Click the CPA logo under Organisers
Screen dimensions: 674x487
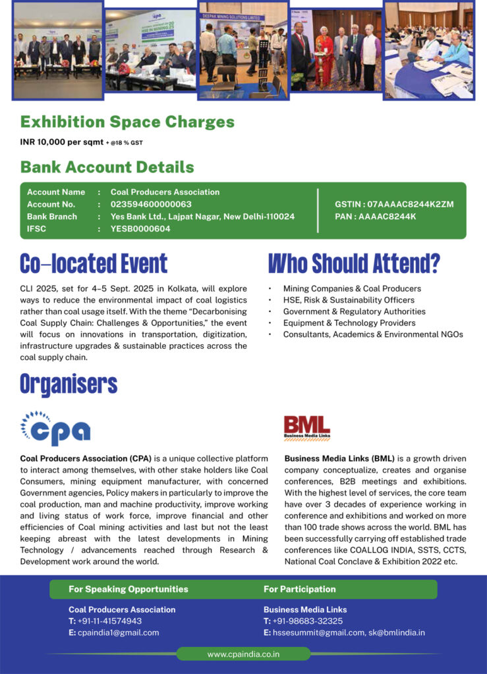click(x=55, y=428)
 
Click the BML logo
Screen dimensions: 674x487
click(x=306, y=428)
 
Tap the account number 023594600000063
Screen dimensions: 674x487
click(x=151, y=204)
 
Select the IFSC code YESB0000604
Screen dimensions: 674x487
click(x=140, y=228)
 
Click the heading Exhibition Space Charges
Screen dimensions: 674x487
click(x=127, y=122)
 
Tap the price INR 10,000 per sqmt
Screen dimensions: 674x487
click(x=63, y=142)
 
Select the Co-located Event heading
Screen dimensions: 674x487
click(x=94, y=263)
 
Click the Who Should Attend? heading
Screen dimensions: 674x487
click(x=354, y=263)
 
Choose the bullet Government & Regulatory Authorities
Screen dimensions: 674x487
click(x=354, y=311)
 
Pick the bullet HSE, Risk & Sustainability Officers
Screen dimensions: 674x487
click(x=349, y=300)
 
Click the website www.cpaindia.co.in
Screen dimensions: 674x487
click(x=243, y=654)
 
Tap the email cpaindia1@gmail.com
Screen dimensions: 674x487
click(x=118, y=633)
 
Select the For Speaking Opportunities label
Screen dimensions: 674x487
click(x=128, y=589)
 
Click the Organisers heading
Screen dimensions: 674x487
click(x=69, y=383)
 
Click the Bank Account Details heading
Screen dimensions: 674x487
click(x=107, y=167)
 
